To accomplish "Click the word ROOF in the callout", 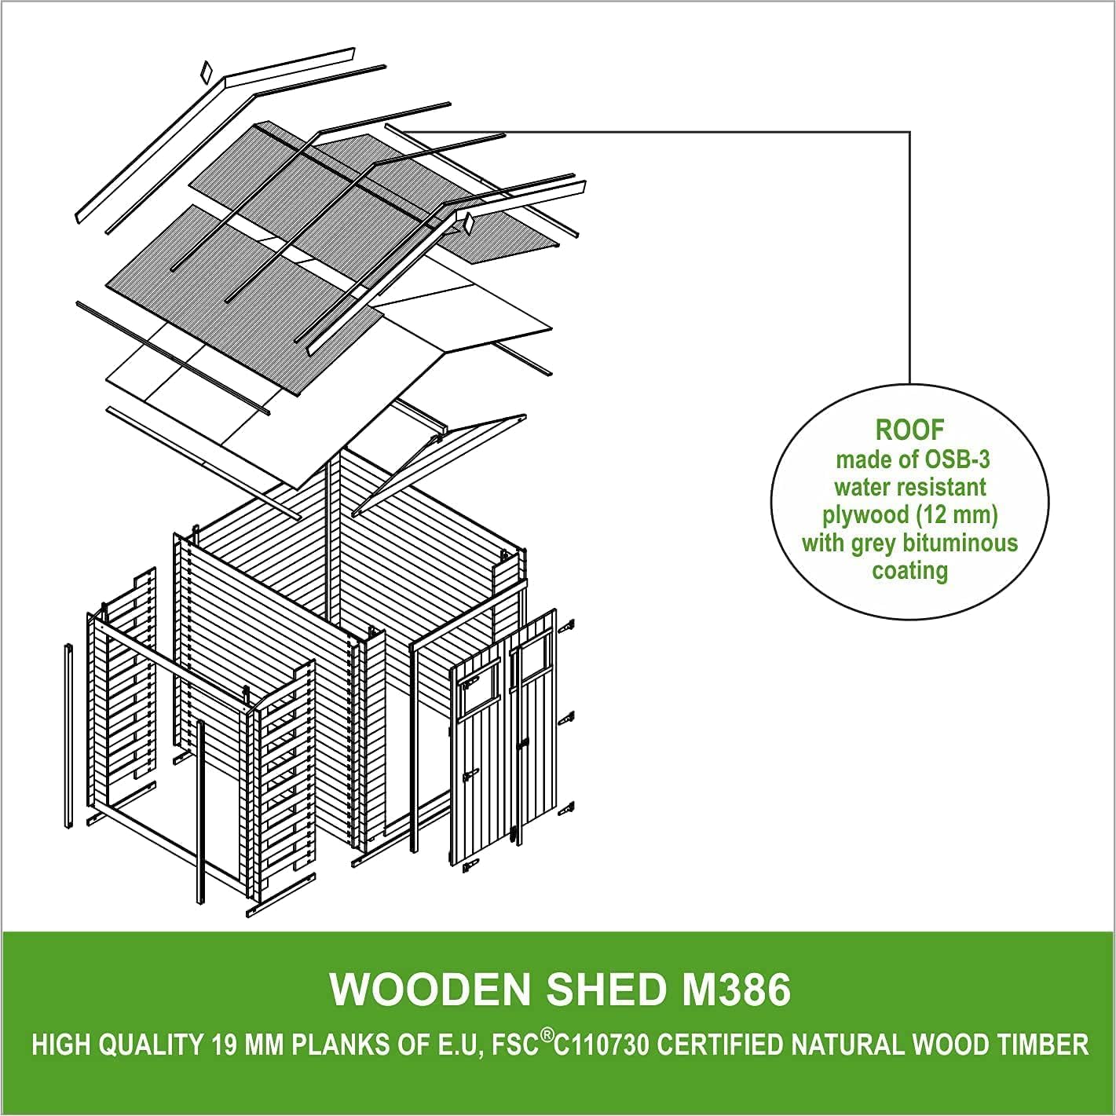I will (910, 430).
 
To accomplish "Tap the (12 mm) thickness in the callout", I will (964, 515).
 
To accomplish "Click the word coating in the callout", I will (909, 570).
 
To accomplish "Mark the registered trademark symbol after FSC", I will (544, 1036).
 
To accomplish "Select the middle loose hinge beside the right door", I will (567, 718).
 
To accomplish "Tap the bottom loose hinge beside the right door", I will (567, 807).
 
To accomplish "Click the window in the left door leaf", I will (478, 688).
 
